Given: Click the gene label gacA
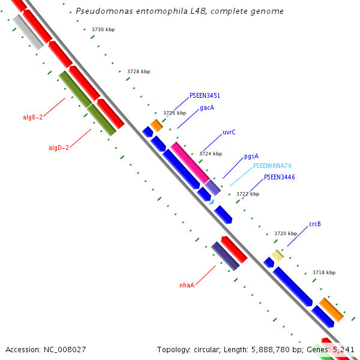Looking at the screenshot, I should point(207,108).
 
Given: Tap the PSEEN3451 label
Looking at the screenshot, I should point(205,95).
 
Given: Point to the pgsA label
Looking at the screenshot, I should point(251,156).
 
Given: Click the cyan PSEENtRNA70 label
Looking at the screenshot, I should point(272,166).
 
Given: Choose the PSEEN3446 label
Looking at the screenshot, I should point(280,177).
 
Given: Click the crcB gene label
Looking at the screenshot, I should point(315,224).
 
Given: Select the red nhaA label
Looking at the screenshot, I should point(187,285).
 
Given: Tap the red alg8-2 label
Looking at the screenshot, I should point(32,118).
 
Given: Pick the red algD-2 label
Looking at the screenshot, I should point(59,148).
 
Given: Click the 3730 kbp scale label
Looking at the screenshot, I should point(103,29).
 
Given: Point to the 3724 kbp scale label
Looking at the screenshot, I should point(211,154).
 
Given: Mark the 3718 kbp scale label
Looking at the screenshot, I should point(324,272).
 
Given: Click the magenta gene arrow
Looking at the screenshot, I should point(190,163).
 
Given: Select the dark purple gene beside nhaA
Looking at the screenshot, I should point(226,256).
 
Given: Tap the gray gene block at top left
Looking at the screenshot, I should point(28,32).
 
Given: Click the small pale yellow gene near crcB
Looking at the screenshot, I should point(277,256).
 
